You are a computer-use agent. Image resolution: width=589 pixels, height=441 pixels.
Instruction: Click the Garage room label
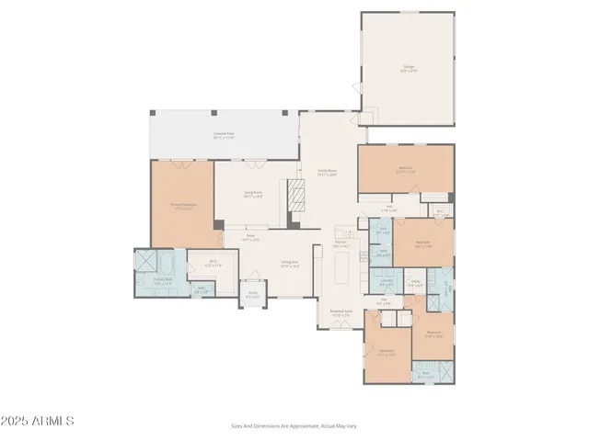pos(407,67)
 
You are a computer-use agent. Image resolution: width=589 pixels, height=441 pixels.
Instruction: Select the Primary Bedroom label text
pos(182,206)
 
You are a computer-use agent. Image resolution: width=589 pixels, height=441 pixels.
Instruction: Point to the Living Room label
pos(253,194)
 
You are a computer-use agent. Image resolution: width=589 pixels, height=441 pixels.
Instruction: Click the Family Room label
pos(328,171)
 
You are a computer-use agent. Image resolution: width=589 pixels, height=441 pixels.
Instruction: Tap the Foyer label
pos(250,239)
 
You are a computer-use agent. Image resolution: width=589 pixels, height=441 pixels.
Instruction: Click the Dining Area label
pos(290,264)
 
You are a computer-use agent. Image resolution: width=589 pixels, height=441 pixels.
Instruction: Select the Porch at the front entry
pos(251,296)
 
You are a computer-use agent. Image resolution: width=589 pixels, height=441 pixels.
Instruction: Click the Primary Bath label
pos(163,282)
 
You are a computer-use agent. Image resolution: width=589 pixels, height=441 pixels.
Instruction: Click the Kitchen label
pos(340,246)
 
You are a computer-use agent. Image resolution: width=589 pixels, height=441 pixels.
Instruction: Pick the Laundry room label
pos(387,284)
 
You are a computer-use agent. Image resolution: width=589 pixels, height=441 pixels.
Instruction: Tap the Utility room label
pos(415,284)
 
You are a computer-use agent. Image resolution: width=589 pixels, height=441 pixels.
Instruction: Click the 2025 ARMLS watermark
pos(38,421)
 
